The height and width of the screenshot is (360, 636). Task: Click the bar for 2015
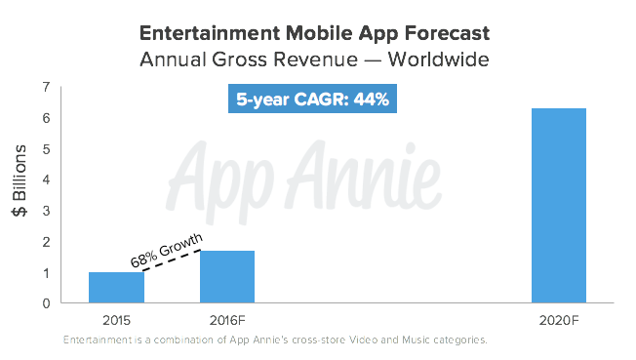(116, 288)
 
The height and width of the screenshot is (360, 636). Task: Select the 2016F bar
(226, 277)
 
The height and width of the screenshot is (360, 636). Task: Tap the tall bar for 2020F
(558, 205)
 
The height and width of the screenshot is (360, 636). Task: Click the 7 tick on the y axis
(46, 88)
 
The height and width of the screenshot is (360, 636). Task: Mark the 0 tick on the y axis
(46, 303)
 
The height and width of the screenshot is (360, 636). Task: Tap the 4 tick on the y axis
(46, 180)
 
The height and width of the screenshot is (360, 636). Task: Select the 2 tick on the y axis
(46, 242)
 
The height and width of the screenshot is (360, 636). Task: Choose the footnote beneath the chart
(274, 340)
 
